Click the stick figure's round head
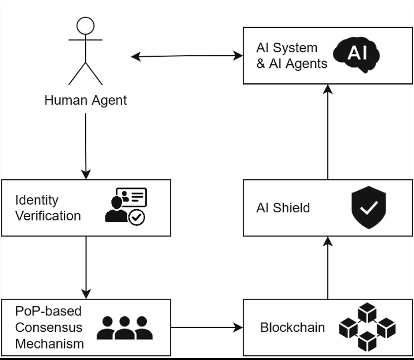[85, 26]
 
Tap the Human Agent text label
[85, 100]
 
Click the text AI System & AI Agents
[292, 56]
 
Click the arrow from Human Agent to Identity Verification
[85, 146]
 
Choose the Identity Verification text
[48, 208]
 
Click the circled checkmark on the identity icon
[136, 218]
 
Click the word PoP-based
[48, 311]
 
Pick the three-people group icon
[125, 328]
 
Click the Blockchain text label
[292, 327]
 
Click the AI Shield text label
[283, 208]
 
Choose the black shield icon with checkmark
[368, 207]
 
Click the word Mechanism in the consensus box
[49, 344]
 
